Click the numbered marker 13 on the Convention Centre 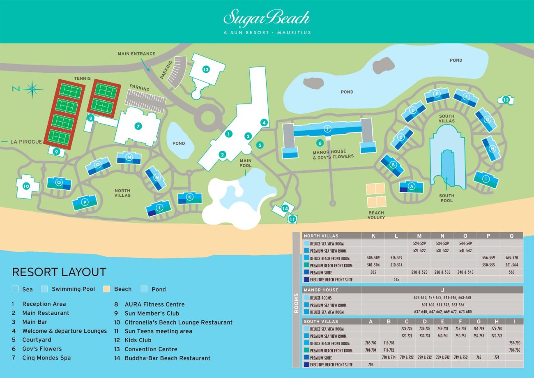click(206, 69)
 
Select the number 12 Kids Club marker click(506, 100)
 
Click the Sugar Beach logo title click(267, 19)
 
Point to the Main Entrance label click(136, 53)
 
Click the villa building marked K click(189, 197)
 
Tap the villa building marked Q click(59, 182)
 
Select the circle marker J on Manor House click(327, 128)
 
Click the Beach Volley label click(376, 215)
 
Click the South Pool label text click(447, 198)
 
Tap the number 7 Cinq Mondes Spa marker click(138, 127)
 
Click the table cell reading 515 click(396, 279)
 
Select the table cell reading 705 click(371, 364)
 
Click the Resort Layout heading click(59, 272)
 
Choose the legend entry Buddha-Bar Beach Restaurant click(167, 358)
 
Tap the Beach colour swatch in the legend click(107, 289)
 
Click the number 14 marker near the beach click(285, 209)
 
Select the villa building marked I click(486, 179)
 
